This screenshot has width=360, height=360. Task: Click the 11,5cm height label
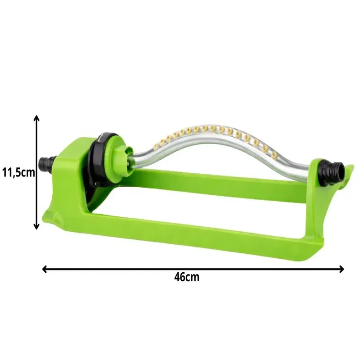tap(18, 172)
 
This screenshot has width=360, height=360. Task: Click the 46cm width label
tap(187, 277)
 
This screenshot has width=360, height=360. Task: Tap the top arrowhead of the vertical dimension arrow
tap(36, 118)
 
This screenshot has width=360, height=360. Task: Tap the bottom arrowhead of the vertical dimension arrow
tap(36, 226)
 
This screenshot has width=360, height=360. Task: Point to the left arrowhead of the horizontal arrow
tap(45, 269)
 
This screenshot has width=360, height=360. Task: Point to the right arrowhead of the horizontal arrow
tap(341, 269)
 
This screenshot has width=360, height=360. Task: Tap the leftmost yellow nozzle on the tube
tap(162, 142)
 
